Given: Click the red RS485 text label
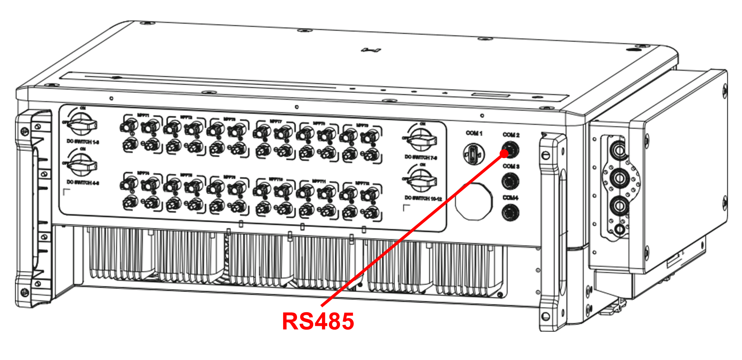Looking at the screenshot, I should pyautogui.click(x=318, y=322).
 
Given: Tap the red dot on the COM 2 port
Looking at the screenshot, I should pyautogui.click(x=504, y=153).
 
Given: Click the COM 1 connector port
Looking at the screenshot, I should pyautogui.click(x=474, y=154).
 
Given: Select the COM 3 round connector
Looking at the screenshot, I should pyautogui.click(x=510, y=181).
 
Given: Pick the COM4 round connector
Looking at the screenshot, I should pyautogui.click(x=510, y=213).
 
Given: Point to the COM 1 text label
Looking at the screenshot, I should pyautogui.click(x=474, y=133).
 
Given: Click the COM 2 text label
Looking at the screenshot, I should pyautogui.click(x=511, y=135).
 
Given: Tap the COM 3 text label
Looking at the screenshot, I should pyautogui.click(x=511, y=166).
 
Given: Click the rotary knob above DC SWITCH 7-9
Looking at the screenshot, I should pyautogui.click(x=422, y=140).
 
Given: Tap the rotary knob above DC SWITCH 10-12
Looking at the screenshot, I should pyautogui.click(x=422, y=181).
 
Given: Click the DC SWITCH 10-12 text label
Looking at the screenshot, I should pyautogui.click(x=423, y=198).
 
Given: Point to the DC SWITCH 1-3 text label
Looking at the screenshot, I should pyautogui.click(x=83, y=142).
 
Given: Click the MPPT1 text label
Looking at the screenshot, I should pyautogui.click(x=143, y=115).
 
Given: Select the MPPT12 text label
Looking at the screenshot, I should pyautogui.click(x=362, y=183).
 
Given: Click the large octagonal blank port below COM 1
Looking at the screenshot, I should pyautogui.click(x=473, y=201).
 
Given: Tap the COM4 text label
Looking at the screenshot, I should pyautogui.click(x=510, y=198).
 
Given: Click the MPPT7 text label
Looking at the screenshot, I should pyautogui.click(x=276, y=121).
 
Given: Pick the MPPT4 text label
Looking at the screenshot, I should pyautogui.click(x=143, y=173).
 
